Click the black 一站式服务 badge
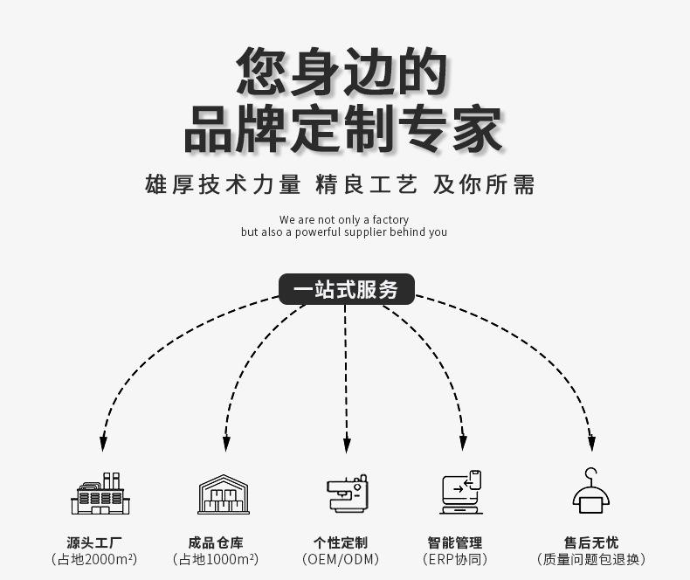coord(346,290)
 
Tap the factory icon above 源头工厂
coord(100,494)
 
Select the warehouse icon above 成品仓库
coord(224,494)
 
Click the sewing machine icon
coord(346,494)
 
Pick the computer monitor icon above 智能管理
coord(461,494)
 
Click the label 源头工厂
coord(93,542)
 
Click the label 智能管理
coord(454,542)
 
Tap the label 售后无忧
coord(591,542)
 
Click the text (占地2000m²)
coord(93,560)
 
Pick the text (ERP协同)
coord(454,560)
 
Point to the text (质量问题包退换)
coord(591,560)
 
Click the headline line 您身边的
coord(342,72)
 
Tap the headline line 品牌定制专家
coord(342,129)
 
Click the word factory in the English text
coord(390,220)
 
